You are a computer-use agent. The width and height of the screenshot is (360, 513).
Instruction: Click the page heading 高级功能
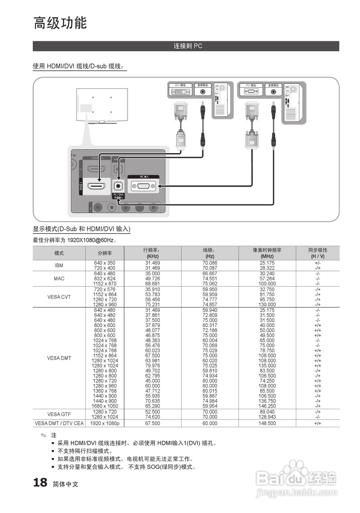[60, 23]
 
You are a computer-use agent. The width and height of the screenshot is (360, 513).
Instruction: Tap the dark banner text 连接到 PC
[188, 46]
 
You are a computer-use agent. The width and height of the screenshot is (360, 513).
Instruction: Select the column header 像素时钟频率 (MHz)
[267, 253]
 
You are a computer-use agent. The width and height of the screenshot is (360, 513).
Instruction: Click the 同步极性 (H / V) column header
[318, 253]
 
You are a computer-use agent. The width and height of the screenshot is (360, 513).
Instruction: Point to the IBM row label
[59, 265]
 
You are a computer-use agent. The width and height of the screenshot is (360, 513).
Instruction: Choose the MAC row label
[59, 279]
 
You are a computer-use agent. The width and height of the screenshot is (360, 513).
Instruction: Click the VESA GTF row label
[59, 414]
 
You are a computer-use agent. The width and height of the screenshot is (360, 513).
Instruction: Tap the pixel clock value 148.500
[267, 423]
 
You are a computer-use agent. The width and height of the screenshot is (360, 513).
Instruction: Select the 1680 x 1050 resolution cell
[105, 406]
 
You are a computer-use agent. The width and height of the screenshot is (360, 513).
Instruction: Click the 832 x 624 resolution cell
[105, 279]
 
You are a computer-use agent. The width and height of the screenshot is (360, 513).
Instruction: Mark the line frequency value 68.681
[152, 284]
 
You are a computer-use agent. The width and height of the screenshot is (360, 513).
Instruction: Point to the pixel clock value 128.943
[267, 417]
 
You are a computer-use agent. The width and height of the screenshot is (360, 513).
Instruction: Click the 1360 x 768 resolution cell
[105, 391]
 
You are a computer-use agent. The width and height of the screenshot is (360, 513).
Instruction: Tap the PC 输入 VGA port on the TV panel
[143, 186]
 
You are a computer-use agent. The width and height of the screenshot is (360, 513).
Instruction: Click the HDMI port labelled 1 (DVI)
[96, 186]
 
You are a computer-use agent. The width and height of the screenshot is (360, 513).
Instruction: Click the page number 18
[40, 483]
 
